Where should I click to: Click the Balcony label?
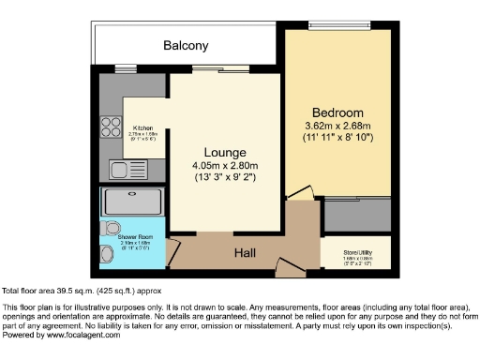click(186, 45)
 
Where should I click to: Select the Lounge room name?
click(226, 152)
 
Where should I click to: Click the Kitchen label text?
click(143, 127)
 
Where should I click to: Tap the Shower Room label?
click(135, 238)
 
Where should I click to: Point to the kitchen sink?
click(124, 170)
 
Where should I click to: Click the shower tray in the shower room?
click(132, 202)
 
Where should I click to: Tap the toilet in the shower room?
click(110, 228)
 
